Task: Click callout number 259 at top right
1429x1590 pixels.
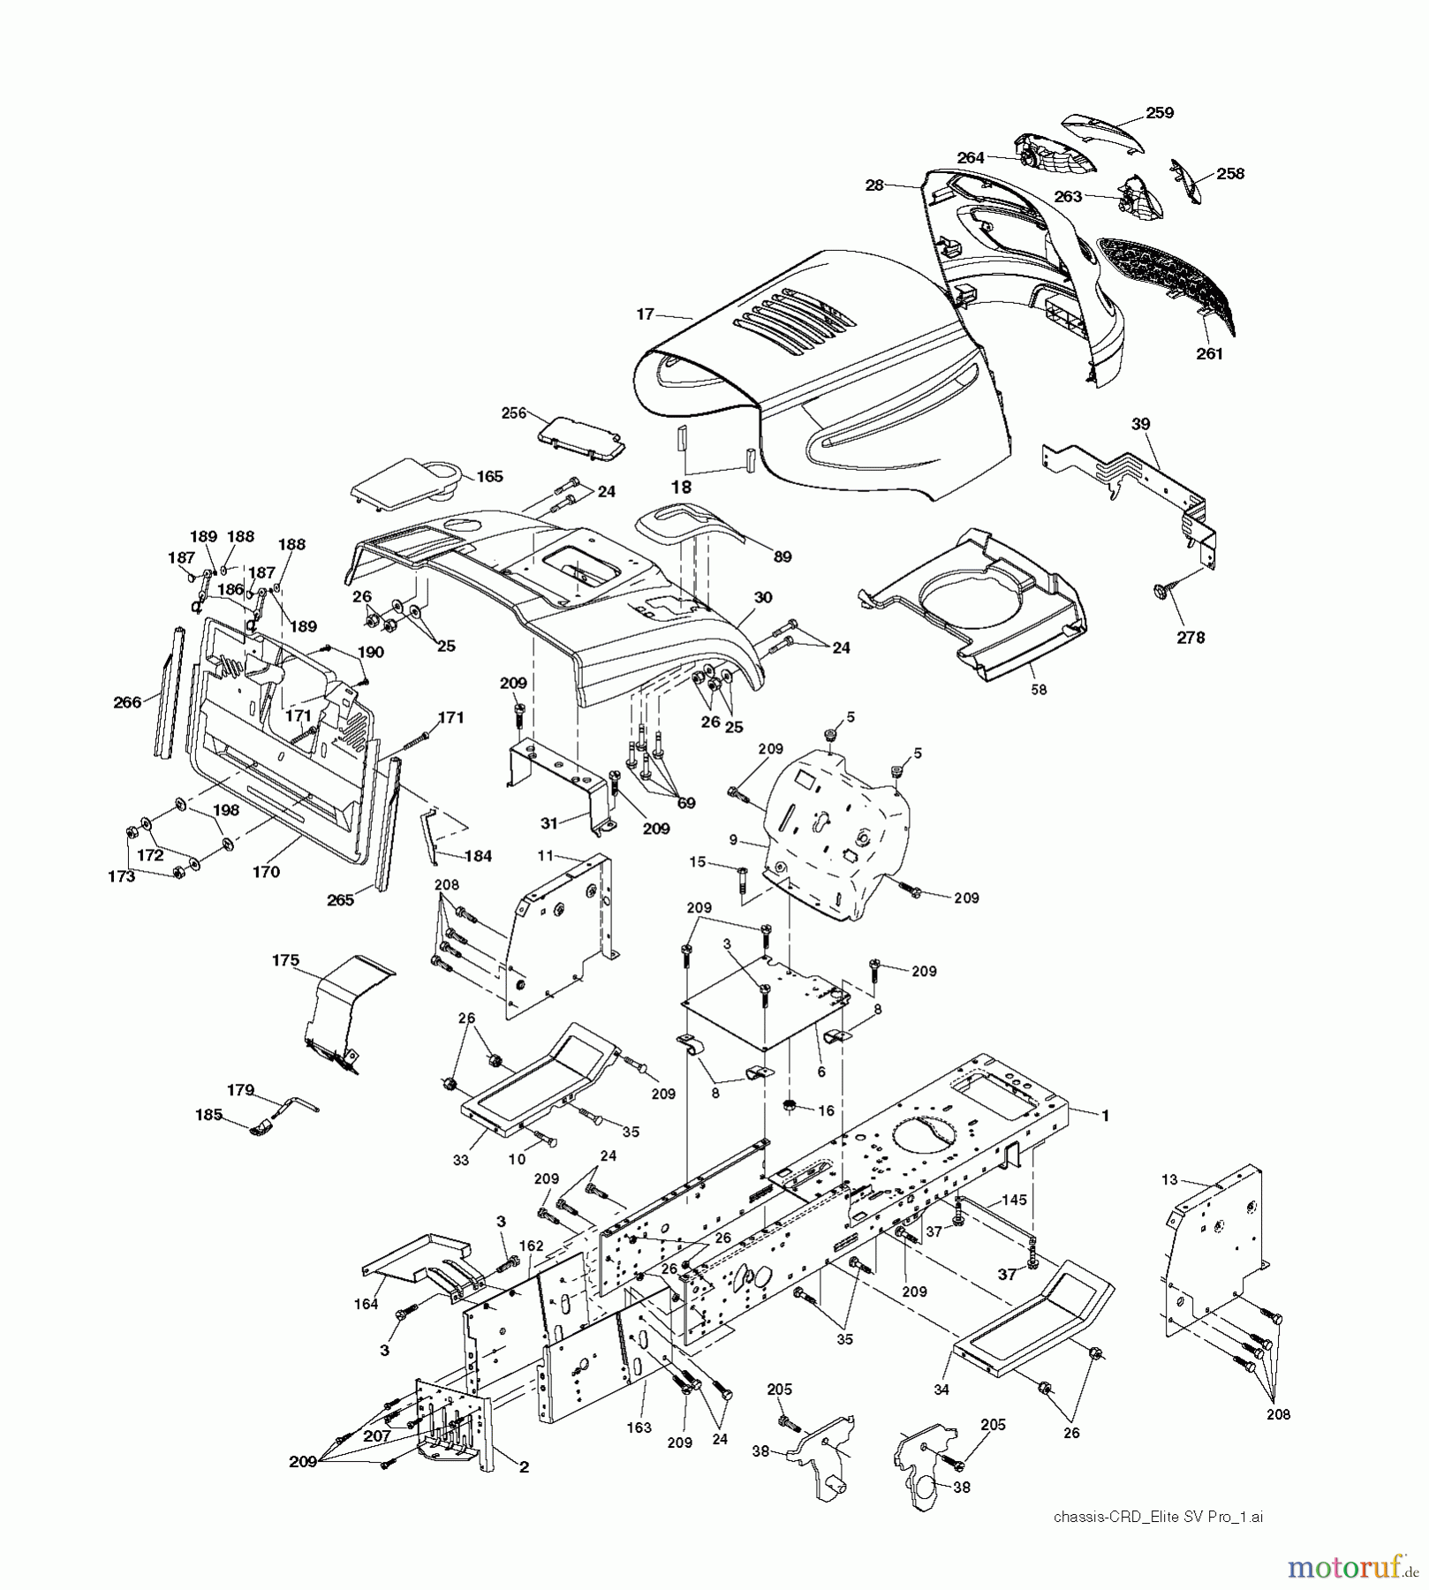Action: [1159, 112]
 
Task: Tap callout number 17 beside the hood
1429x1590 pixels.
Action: [645, 314]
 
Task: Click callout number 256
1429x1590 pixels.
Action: [513, 413]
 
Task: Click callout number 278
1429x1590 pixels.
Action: [1191, 637]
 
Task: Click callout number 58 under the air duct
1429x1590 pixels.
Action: [1039, 689]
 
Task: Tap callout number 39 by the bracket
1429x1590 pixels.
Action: [1141, 424]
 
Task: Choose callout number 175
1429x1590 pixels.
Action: [285, 960]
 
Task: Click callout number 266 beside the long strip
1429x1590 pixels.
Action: [128, 702]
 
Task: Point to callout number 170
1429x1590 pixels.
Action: [266, 872]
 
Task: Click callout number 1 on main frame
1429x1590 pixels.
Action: [1103, 1116]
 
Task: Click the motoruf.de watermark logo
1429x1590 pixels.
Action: [1348, 1567]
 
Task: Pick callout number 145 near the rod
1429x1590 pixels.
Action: [1013, 1200]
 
